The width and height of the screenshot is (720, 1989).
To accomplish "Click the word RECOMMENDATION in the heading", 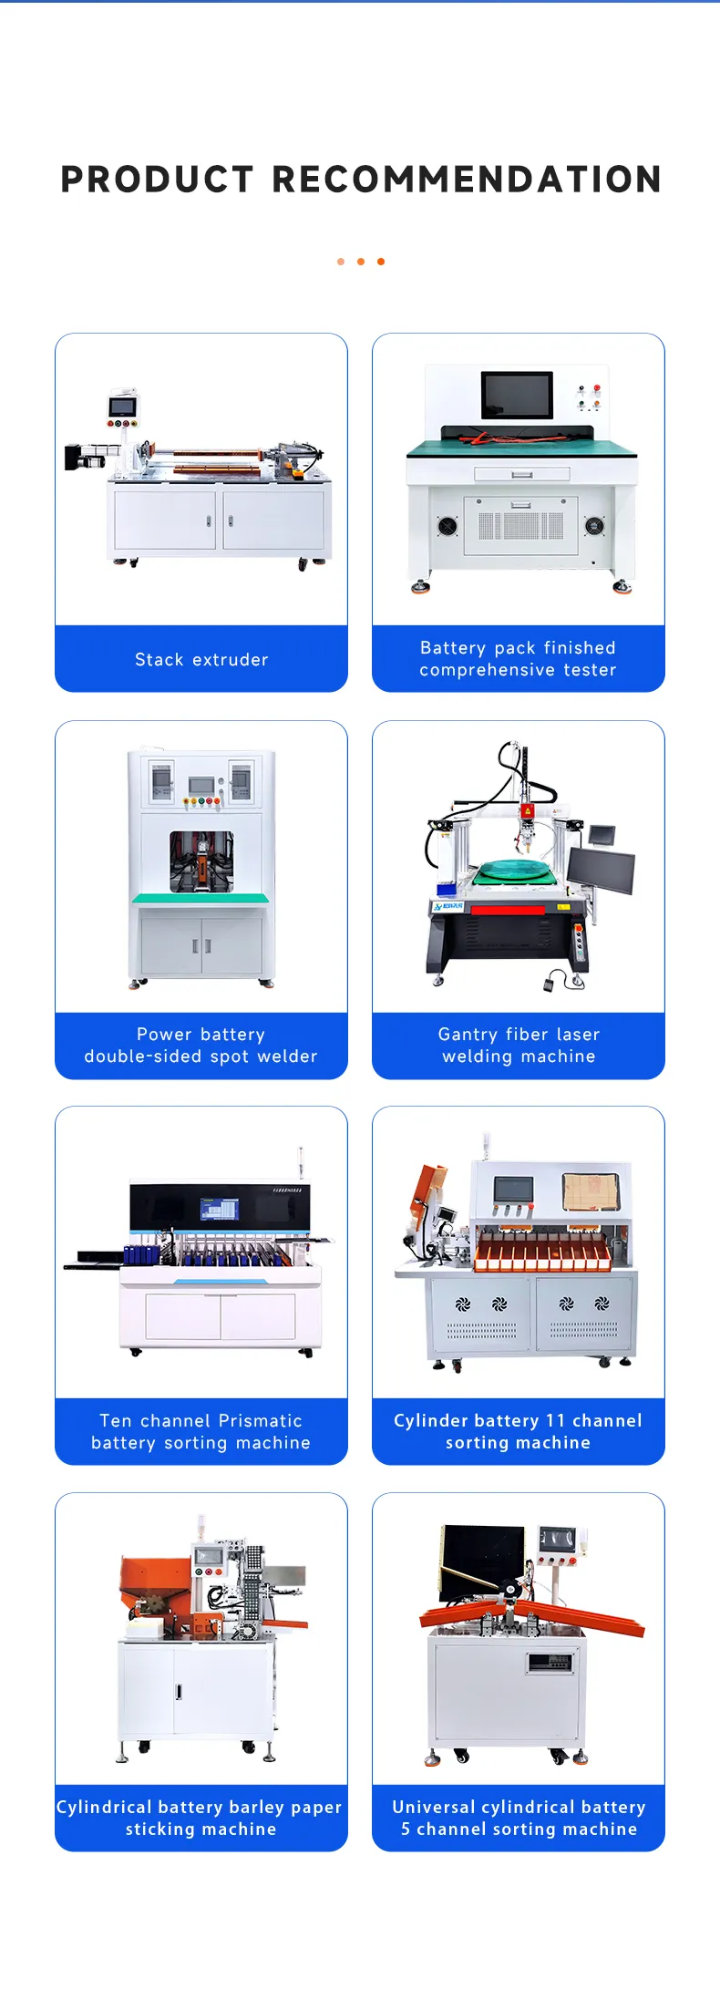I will click(467, 180).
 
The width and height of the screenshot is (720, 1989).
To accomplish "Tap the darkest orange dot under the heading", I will click(381, 262).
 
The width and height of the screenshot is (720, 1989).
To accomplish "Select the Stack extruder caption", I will click(201, 659).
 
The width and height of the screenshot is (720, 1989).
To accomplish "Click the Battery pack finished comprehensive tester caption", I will click(518, 659).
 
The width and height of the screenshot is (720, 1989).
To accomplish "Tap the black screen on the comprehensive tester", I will click(517, 395).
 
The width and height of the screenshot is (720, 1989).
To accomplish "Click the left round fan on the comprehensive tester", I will click(447, 526).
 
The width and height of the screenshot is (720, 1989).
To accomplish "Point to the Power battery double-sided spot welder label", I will click(201, 1046).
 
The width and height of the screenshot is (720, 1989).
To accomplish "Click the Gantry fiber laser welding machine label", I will click(518, 1046).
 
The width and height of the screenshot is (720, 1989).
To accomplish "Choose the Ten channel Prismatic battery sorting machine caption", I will click(201, 1431).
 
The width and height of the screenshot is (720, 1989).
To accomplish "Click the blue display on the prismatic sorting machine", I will click(219, 1210).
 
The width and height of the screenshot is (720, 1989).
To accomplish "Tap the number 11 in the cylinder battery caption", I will click(555, 1420).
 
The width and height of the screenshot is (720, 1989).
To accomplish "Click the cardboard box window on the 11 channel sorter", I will click(591, 1191).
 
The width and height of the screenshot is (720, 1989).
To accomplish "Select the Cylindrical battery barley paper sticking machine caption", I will click(201, 1818).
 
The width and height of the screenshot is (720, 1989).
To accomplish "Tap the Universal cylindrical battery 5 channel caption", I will click(518, 1818).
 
